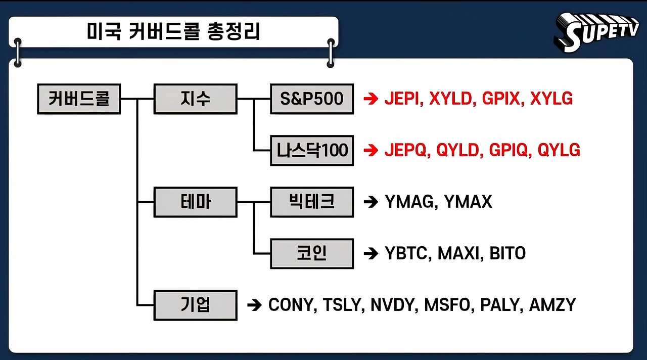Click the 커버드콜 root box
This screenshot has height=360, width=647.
[79, 99]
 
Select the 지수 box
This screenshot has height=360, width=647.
[195, 99]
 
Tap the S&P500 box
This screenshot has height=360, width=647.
[312, 99]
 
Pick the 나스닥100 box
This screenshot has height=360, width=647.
[312, 150]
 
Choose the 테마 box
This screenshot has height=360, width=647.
[195, 202]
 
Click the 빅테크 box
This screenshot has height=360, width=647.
[312, 202]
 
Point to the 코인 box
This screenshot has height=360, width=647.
[312, 253]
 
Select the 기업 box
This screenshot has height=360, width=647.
[195, 305]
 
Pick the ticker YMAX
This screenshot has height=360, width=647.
[468, 202]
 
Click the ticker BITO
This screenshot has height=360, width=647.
[507, 253]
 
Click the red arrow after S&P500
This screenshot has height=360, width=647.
[371, 99]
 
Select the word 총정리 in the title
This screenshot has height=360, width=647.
[234, 32]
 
